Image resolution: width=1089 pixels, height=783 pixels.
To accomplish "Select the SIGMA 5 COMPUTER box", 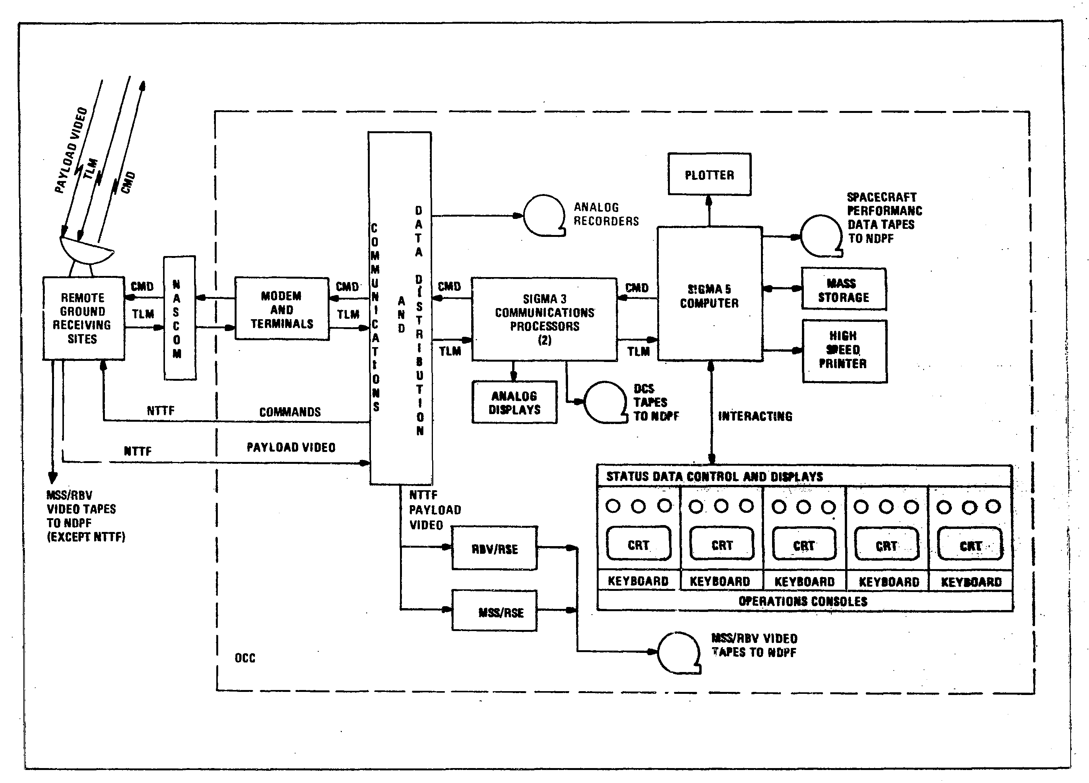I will tap(709, 294).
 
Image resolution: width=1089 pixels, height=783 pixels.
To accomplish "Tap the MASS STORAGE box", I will tap(844, 289).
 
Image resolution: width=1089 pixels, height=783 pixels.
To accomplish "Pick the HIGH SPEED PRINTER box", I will tap(844, 351).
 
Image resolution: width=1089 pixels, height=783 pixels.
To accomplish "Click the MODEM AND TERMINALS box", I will tap(282, 309).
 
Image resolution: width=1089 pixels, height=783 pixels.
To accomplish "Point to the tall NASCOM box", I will tap(179, 318).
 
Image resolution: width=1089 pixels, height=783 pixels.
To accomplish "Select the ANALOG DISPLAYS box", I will tap(514, 402).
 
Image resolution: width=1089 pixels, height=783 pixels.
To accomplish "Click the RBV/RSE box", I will tap(495, 549).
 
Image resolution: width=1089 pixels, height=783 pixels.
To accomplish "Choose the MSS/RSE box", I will tap(495, 611).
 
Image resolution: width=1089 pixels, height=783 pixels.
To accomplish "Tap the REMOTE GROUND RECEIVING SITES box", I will tap(83, 318).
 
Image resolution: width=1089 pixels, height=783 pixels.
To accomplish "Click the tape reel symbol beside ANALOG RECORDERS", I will tap(544, 215).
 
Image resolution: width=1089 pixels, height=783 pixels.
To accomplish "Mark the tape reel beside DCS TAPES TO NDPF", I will tap(604, 402).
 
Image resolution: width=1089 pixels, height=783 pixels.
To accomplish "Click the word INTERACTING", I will tap(755, 416).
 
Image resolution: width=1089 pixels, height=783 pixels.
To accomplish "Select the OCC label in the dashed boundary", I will tap(245, 658).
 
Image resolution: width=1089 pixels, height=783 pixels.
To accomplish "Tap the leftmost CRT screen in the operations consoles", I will tap(638, 544).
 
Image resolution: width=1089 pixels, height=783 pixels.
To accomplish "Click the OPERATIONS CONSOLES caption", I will tap(803, 601).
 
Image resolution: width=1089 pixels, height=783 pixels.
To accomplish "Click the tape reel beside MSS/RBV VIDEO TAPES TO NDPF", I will tap(678, 652).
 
